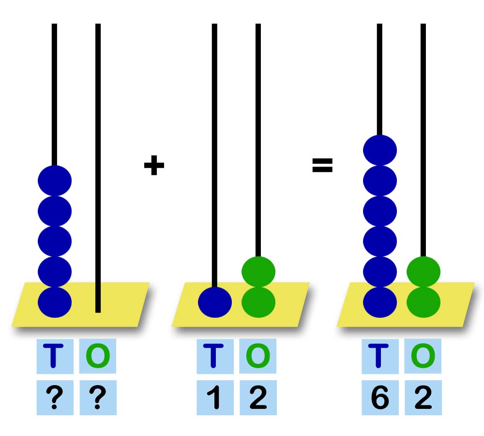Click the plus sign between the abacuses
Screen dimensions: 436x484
coord(154,166)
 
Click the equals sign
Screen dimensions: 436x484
coord(322,166)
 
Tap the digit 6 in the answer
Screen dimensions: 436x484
coord(380,398)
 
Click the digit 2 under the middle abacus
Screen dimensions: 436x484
coord(258,398)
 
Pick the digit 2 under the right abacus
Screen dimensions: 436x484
coord(423,398)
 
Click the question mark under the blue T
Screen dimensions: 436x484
coord(55,398)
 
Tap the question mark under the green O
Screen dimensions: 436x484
coord(98,398)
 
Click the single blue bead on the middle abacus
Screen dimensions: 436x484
coord(215,302)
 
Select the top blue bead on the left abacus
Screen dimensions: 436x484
coord(55,180)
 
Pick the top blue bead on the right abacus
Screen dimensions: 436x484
coord(380,150)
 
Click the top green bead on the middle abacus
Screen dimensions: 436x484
coord(258,272)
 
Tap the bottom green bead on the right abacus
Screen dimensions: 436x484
coord(423,302)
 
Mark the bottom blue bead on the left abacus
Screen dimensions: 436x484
coord(55,302)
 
